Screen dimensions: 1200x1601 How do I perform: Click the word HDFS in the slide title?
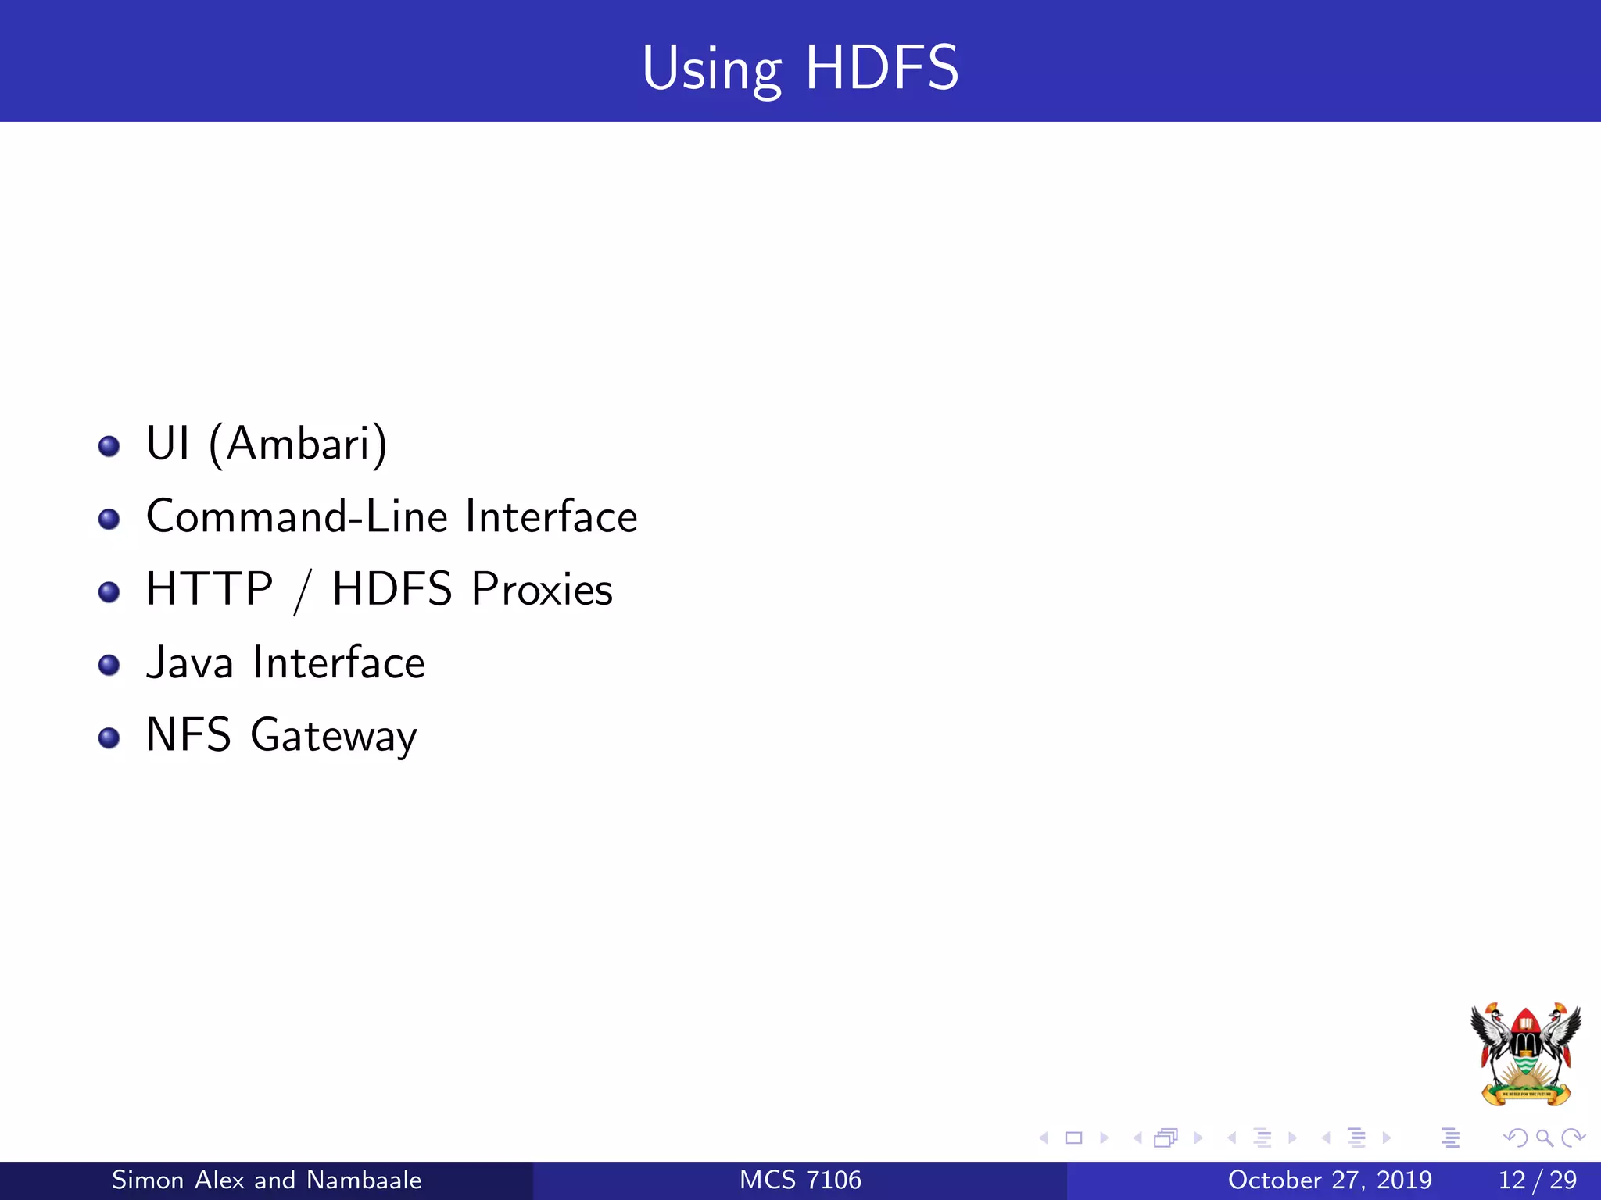pos(881,68)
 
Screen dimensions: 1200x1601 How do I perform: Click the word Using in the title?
pos(711,70)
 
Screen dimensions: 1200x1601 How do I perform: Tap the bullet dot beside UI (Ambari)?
pos(109,446)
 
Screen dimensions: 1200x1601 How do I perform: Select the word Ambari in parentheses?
pos(298,444)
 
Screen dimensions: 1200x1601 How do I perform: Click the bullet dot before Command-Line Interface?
pos(109,519)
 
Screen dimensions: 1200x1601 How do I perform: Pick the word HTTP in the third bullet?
pos(210,589)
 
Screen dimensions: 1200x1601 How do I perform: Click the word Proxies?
pos(542,589)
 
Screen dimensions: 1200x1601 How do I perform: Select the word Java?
pos(190,662)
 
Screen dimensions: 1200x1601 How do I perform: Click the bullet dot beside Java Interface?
pos(109,665)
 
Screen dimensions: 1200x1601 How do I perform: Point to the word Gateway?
pos(334,736)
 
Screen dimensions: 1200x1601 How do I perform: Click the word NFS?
pos(188,735)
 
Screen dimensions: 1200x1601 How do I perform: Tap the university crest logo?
pos(1525,1054)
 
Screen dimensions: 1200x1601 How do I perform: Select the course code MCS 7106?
pos(800,1180)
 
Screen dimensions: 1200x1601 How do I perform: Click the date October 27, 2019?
pos(1330,1180)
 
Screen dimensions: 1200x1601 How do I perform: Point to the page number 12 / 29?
pos(1537,1180)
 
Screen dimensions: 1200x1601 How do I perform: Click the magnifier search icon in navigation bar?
pos(1544,1137)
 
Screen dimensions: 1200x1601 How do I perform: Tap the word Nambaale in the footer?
pos(364,1180)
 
